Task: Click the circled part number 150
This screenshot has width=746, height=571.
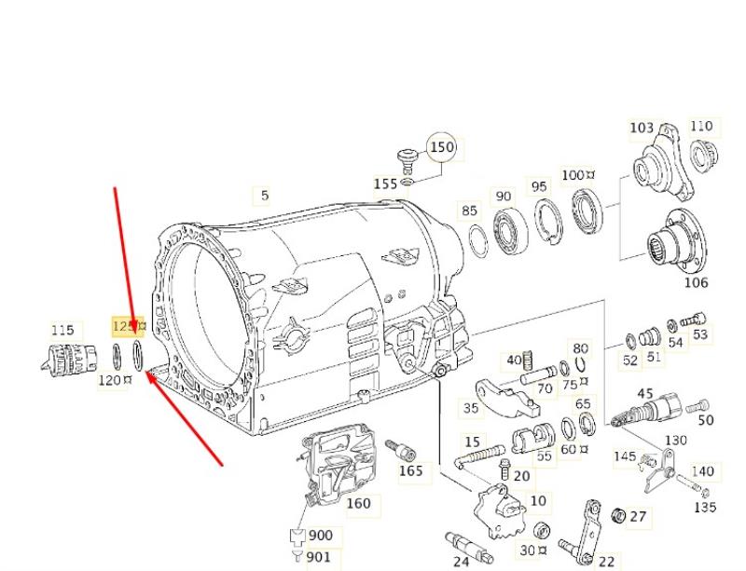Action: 441,147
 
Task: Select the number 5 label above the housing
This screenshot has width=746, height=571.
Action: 265,195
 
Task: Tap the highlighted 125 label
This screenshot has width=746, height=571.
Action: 125,326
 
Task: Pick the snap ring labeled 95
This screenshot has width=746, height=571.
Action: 548,222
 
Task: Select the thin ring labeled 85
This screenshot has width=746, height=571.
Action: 478,240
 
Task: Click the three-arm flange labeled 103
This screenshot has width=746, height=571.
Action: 664,163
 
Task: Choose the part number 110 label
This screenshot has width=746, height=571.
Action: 701,126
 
